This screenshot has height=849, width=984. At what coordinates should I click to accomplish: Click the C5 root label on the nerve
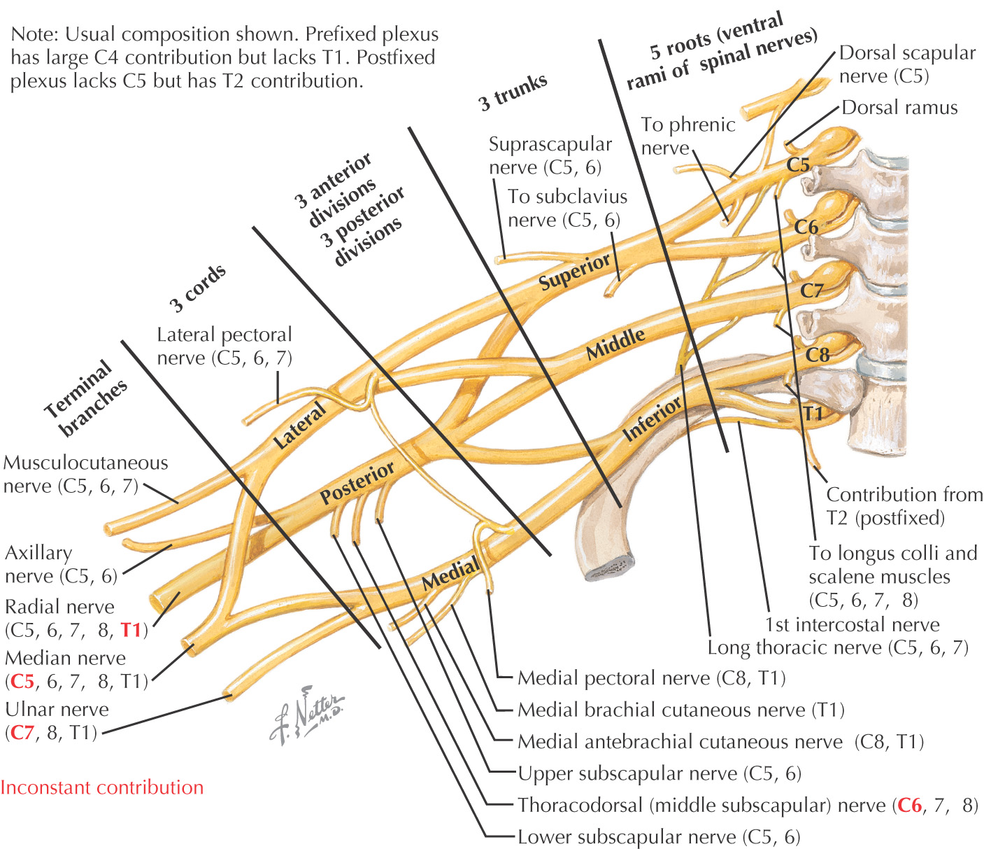pos(798,164)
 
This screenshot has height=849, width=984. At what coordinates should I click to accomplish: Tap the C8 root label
pos(817,355)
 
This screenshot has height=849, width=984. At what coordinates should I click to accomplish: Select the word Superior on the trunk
pos(575,272)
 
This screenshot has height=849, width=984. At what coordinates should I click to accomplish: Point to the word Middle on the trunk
pos(615,344)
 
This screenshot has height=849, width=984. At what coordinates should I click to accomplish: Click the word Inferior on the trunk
pos(653,419)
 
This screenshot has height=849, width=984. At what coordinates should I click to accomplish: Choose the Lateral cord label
pos(300,425)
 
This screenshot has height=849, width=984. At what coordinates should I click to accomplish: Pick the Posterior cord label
pos(357,483)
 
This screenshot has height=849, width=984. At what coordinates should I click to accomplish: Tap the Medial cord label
pos(451,572)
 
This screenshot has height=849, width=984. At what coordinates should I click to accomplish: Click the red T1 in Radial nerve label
pos(131,630)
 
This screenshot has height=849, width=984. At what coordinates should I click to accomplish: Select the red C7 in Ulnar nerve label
pos(22,733)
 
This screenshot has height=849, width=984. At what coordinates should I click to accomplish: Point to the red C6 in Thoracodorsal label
pos(909,806)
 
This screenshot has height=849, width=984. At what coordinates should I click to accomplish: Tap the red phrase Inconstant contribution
pos(102,788)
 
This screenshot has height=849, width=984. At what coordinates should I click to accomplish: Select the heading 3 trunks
pos(513,92)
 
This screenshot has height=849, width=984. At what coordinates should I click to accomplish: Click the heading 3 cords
pos(198,288)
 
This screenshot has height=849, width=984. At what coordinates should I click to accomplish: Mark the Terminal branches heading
pos(86,398)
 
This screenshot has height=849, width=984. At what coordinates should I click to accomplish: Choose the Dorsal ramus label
pos(899,108)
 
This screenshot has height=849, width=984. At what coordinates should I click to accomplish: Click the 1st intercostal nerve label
pos(852,624)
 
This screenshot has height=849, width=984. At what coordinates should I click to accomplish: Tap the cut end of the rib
pos(610,568)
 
